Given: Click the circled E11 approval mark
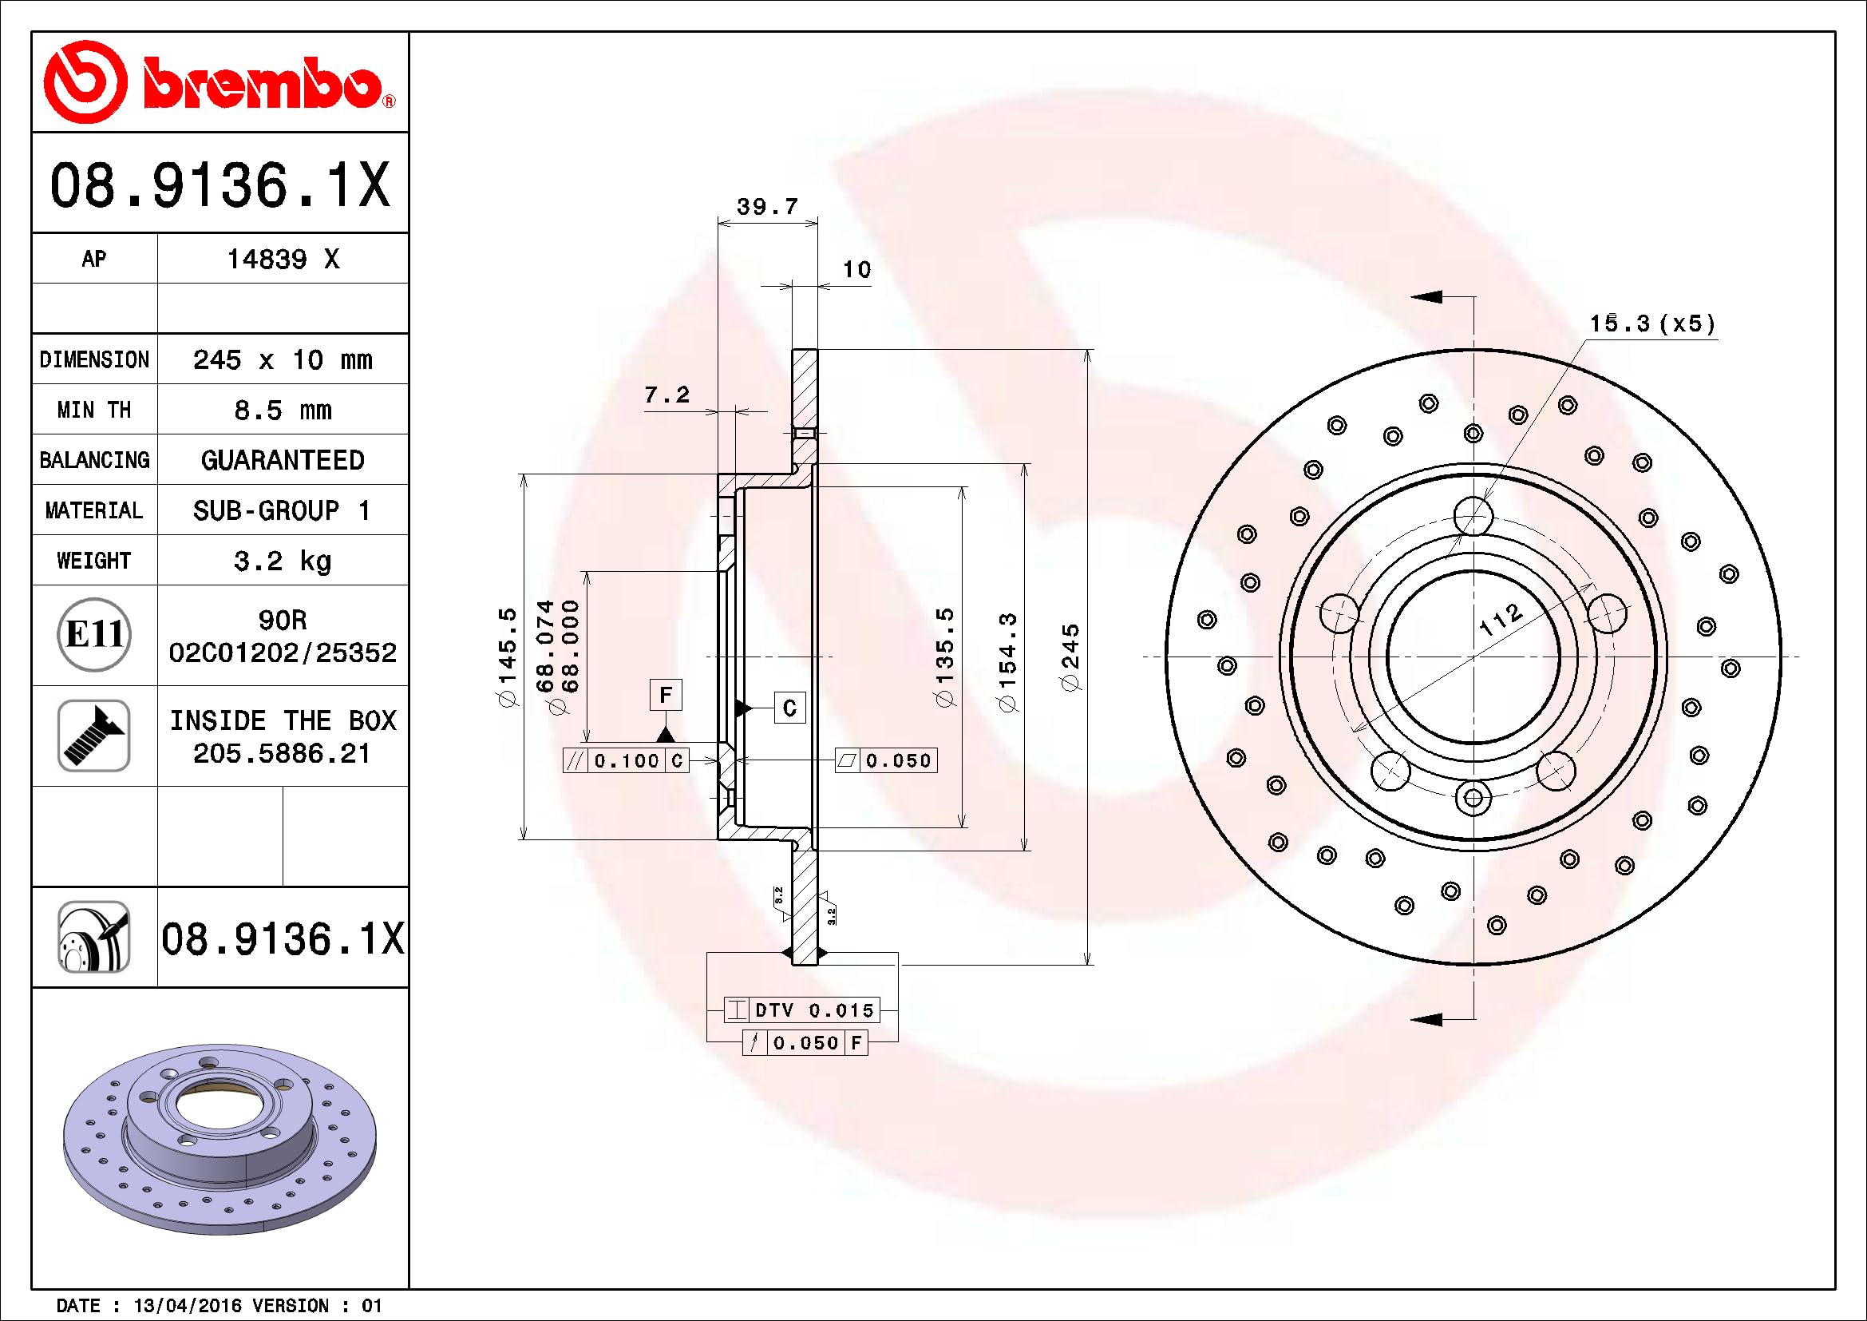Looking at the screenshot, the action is click(94, 634).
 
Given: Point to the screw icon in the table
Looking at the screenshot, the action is click(94, 736).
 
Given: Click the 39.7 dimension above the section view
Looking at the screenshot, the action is click(767, 207).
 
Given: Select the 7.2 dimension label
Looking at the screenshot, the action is click(667, 395).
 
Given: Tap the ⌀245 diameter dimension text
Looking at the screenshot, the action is click(1072, 657).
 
